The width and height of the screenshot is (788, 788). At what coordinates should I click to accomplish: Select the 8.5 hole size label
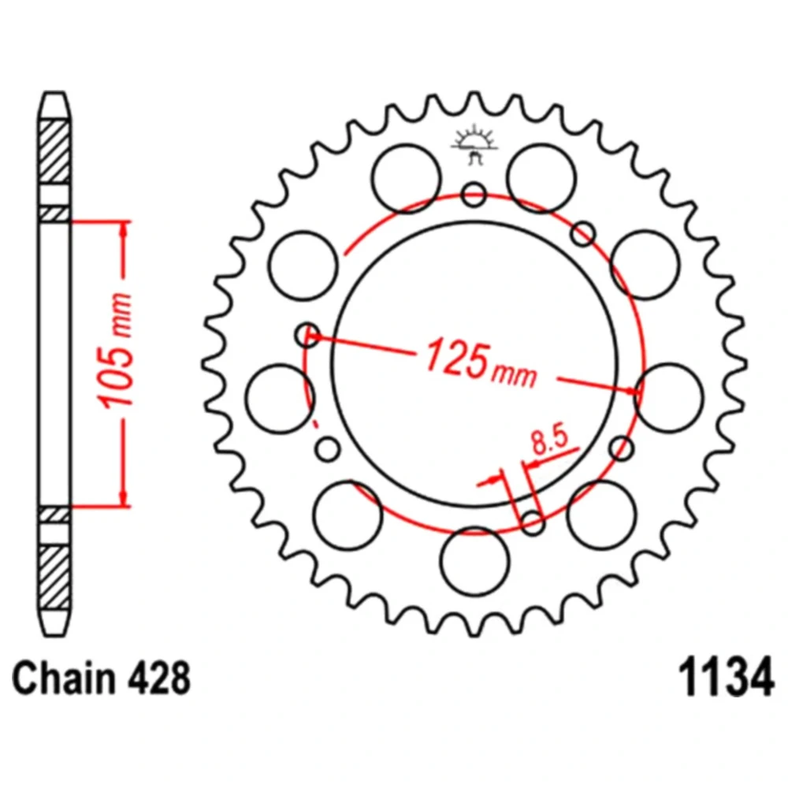(549, 439)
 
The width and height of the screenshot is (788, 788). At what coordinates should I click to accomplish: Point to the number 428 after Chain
(159, 678)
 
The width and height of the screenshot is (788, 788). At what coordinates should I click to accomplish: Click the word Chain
(64, 678)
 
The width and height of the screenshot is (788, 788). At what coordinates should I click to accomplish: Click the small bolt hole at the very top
(474, 194)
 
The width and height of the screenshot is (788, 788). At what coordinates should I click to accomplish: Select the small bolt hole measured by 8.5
(533, 522)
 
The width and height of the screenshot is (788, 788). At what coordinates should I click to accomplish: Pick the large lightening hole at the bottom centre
(474, 561)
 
